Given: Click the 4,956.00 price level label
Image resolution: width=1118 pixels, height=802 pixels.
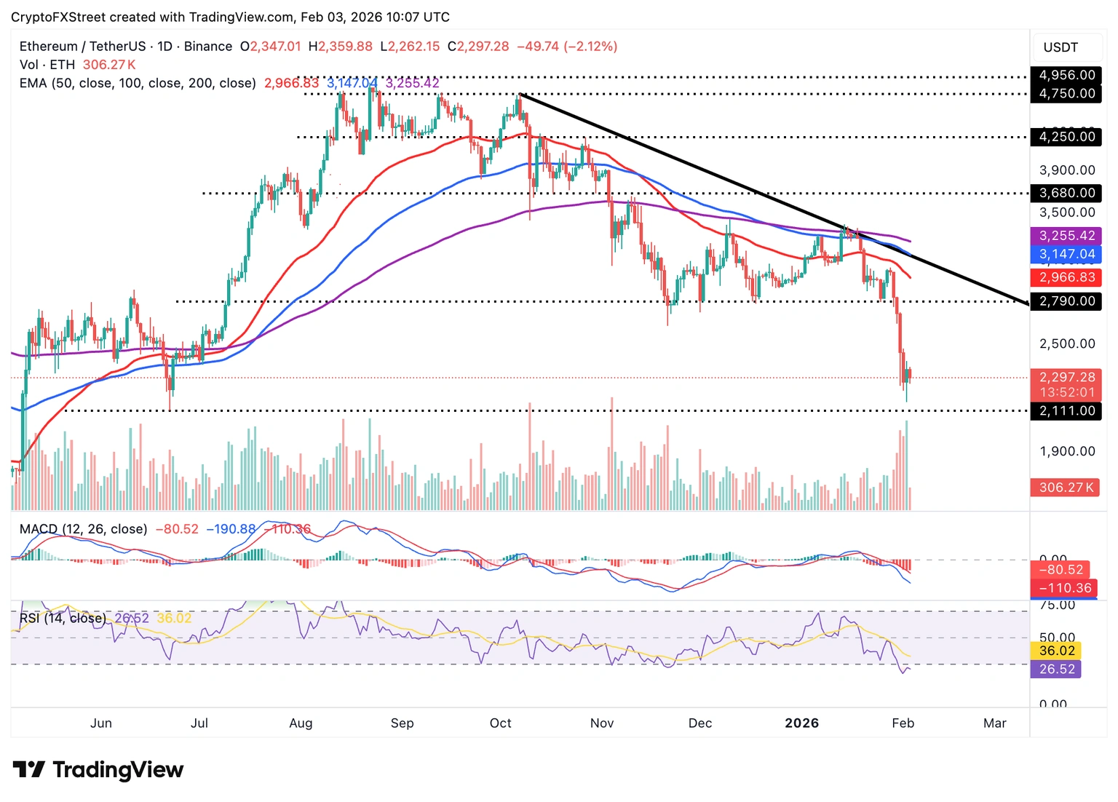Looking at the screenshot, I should click(1066, 75).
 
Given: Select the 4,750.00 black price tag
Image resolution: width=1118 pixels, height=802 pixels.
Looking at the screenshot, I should click(1066, 93).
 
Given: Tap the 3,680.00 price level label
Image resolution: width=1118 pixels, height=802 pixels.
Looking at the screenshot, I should click(1066, 193).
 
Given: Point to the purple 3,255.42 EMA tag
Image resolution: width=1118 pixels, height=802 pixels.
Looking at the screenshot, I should click(1066, 236).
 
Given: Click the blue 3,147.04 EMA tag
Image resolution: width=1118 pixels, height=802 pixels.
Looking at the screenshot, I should click(1066, 254).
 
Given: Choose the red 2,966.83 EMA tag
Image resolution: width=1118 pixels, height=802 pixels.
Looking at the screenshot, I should click(1066, 277).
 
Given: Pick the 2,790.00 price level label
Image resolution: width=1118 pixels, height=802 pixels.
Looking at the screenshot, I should click(1066, 301).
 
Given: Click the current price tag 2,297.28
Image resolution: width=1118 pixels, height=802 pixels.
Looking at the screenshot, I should click(1066, 377).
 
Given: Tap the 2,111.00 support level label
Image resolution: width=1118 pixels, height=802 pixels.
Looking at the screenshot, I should click(1066, 410).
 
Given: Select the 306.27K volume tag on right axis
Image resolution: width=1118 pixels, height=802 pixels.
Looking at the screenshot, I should click(1066, 488).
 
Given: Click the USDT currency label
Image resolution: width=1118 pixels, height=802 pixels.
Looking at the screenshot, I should click(1060, 47).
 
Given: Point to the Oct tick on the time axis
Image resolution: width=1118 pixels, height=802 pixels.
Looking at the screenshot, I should click(500, 723).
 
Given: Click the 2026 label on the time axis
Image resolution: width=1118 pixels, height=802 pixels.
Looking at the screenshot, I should click(801, 723).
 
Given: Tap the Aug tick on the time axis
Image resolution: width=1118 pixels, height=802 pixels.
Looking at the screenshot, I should click(301, 723).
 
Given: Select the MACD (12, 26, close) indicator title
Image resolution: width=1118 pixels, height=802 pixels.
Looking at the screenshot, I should click(83, 529).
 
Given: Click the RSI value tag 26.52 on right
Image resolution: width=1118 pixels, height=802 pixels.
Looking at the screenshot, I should click(1056, 669).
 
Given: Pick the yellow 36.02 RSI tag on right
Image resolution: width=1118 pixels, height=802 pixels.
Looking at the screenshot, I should click(1056, 651).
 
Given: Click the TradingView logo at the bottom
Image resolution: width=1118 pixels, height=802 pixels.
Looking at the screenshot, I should click(98, 769).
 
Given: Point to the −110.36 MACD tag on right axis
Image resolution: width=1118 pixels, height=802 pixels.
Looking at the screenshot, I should click(1065, 588).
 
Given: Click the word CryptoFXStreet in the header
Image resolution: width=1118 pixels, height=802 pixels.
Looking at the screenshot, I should click(58, 17).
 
